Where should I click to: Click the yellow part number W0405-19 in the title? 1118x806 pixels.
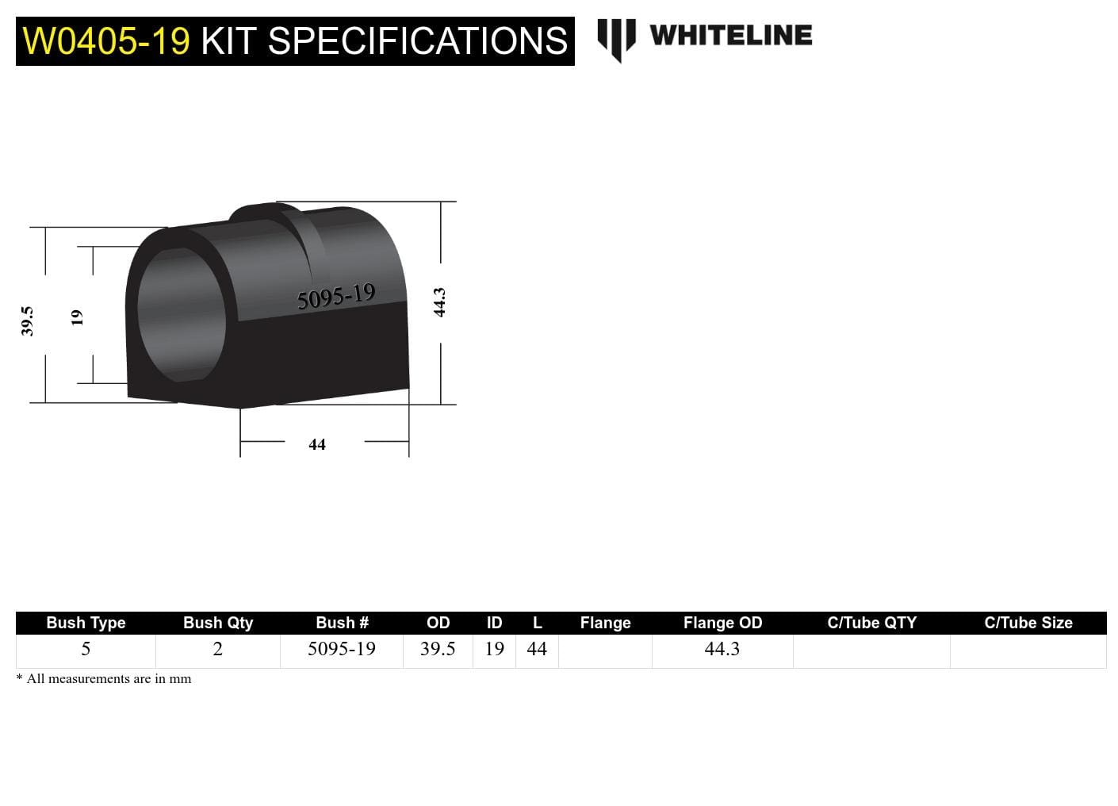tap(106, 41)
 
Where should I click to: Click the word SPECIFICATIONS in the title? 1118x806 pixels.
tap(418, 41)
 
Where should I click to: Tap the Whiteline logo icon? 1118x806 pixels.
tap(616, 39)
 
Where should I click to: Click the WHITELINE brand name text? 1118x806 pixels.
tap(730, 36)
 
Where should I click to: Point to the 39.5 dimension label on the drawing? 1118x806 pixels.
tap(27, 321)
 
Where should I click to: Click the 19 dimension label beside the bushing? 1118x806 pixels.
tap(77, 317)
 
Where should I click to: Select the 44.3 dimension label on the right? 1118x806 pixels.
tap(439, 302)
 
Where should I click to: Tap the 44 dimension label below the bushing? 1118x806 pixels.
tap(317, 445)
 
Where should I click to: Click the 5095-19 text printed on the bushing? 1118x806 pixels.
tap(335, 297)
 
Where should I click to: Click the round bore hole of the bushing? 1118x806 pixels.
tap(181, 314)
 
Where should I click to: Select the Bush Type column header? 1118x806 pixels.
tap(86, 623)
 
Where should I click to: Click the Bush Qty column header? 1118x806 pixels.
tap(218, 623)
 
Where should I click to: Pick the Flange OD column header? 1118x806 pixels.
tap(722, 623)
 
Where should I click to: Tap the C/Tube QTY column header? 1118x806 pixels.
tap(871, 623)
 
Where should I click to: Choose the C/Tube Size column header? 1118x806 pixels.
tap(1028, 623)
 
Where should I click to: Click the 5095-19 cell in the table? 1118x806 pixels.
tap(341, 649)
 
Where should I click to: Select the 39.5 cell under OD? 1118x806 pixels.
tap(438, 649)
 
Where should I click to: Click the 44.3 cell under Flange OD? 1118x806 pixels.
tap(722, 649)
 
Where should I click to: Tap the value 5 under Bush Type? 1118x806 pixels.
tap(86, 649)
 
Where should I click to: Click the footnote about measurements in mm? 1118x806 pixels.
tap(104, 679)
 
